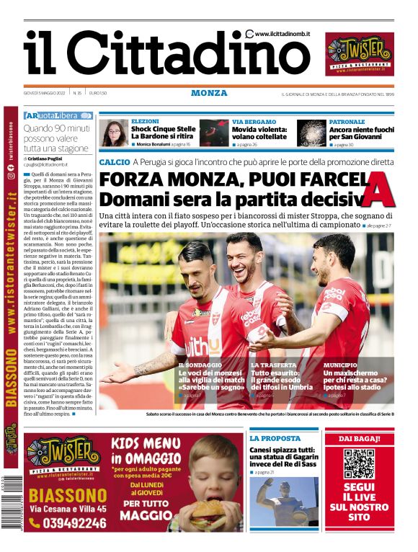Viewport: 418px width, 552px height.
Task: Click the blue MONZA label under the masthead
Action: click(x=209, y=93)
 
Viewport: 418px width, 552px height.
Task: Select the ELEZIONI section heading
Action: click(x=146, y=121)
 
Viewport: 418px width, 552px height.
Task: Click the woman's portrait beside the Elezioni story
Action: click(x=114, y=133)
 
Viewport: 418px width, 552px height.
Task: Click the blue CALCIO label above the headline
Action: click(x=115, y=162)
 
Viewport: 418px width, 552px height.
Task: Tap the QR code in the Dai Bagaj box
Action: click(x=358, y=463)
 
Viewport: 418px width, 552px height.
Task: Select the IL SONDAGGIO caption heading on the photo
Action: click(x=200, y=366)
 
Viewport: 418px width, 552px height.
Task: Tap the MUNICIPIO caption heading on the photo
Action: click(x=342, y=366)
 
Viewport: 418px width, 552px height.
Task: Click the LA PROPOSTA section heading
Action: click(x=275, y=438)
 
